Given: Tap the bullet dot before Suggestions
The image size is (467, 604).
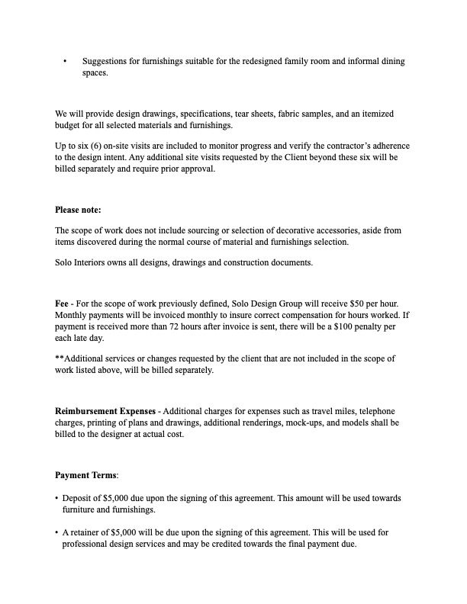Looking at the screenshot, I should pyautogui.click(x=66, y=60).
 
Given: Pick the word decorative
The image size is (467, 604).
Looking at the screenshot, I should pyautogui.click(x=280, y=230).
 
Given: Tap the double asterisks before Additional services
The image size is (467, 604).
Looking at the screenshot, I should pyautogui.click(x=60, y=358).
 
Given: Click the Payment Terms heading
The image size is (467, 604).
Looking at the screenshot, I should pyautogui.click(x=86, y=475).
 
